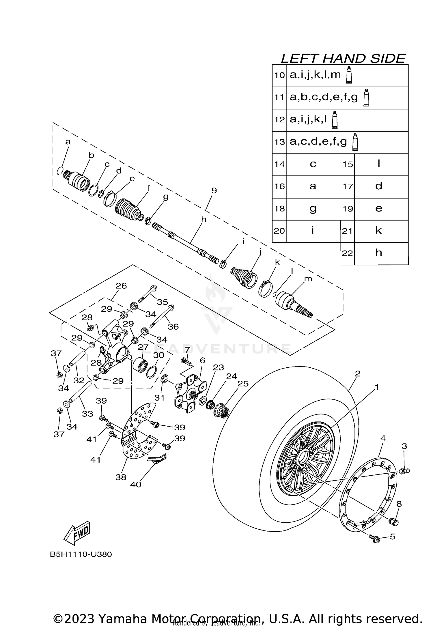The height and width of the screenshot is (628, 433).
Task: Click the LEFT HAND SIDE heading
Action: pyautogui.click(x=343, y=59)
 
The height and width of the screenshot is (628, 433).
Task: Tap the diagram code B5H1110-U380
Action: pyautogui.click(x=81, y=554)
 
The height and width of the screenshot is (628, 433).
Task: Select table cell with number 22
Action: pyautogui.click(x=347, y=253)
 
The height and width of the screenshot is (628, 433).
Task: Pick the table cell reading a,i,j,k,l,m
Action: pyautogui.click(x=315, y=75)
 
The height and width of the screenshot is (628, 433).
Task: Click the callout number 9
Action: pyautogui.click(x=214, y=190)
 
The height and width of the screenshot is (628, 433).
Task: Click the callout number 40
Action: pyautogui.click(x=136, y=484)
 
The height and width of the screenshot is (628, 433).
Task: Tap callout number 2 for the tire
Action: pyautogui.click(x=357, y=374)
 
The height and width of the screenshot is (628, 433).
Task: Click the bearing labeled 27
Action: pyautogui.click(x=141, y=365)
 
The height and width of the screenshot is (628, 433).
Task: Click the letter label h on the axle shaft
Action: pyautogui.click(x=204, y=219)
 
